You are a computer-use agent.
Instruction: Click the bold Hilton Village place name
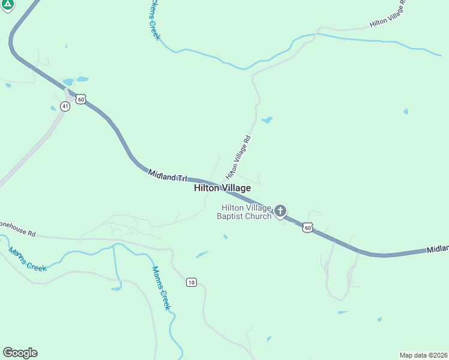(x=222, y=188)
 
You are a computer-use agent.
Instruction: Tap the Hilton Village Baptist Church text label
(x=244, y=212)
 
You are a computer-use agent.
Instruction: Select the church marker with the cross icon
(x=280, y=211)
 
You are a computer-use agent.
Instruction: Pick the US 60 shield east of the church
(x=307, y=227)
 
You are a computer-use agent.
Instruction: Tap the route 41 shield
(x=65, y=106)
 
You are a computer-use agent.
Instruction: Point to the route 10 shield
(x=191, y=282)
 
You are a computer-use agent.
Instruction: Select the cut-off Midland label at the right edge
(x=438, y=248)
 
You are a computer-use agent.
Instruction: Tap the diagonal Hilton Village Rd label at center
(x=238, y=157)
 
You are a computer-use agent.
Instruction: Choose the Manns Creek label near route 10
(x=161, y=288)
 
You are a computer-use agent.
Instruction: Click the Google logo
(x=20, y=353)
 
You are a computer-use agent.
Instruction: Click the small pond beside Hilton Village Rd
(x=267, y=120)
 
